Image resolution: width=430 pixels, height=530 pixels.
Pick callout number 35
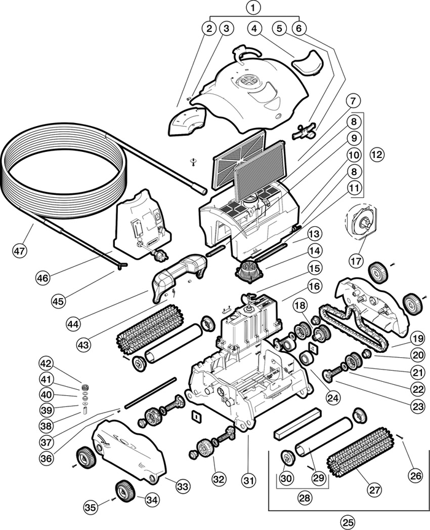90,507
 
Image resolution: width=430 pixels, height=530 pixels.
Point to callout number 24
332,398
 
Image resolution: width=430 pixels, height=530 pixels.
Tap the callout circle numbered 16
315,286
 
